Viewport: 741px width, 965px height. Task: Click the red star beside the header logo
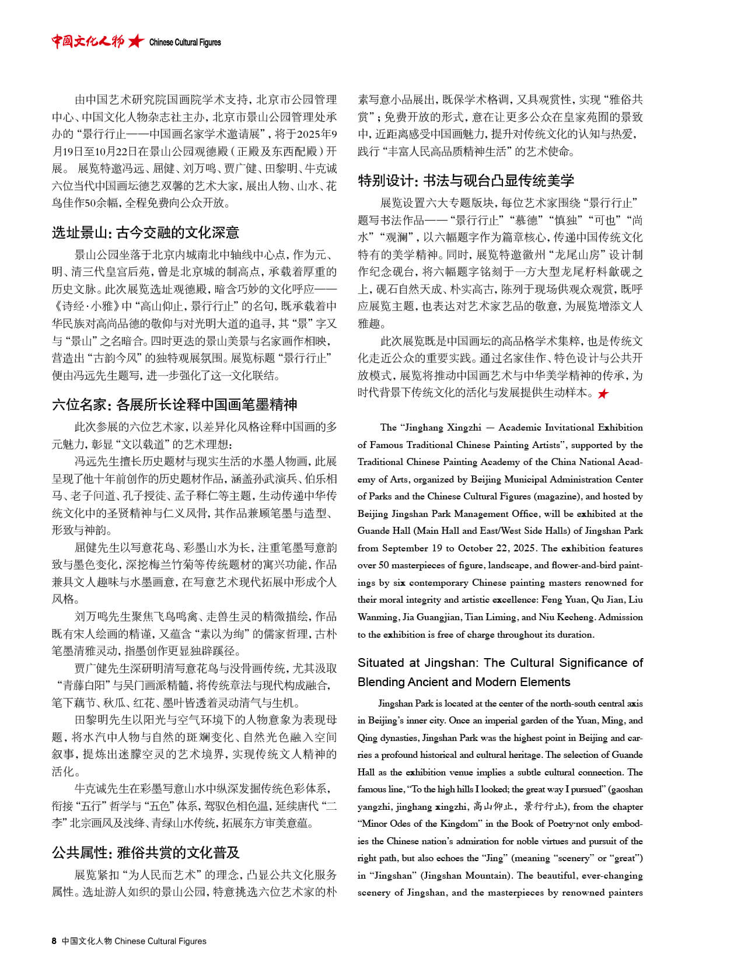[136, 41]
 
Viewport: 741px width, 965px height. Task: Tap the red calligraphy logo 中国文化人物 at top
[88, 41]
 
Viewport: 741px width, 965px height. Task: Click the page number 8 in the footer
[54, 940]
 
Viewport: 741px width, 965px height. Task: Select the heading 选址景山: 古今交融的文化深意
[145, 233]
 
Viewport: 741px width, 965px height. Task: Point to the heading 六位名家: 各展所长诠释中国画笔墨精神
[174, 404]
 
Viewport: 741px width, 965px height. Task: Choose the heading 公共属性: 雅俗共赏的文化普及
[145, 852]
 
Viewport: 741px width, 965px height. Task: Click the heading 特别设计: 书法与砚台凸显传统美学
[466, 180]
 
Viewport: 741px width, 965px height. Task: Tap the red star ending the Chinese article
[603, 394]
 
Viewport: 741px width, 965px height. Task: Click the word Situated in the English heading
[381, 663]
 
